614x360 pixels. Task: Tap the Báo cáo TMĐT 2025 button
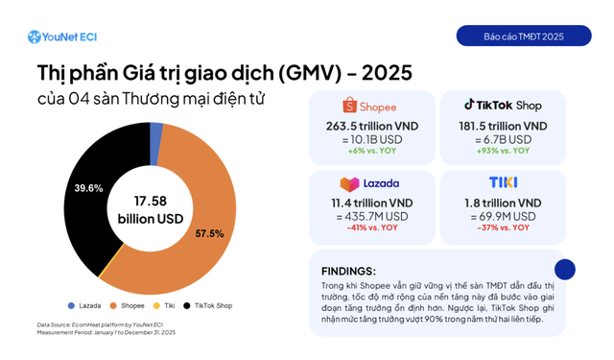523,36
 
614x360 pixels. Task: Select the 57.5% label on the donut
209,233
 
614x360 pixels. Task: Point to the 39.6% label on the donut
88,188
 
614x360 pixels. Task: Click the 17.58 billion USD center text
144,208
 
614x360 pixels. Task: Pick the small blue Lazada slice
155,131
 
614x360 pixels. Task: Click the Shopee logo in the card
369,107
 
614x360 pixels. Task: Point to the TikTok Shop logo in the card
504,106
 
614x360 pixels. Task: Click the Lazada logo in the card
369,183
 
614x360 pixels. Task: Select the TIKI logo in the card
503,182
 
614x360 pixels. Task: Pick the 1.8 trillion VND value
504,203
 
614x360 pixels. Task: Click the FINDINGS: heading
349,271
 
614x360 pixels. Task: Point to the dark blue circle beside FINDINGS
565,270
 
